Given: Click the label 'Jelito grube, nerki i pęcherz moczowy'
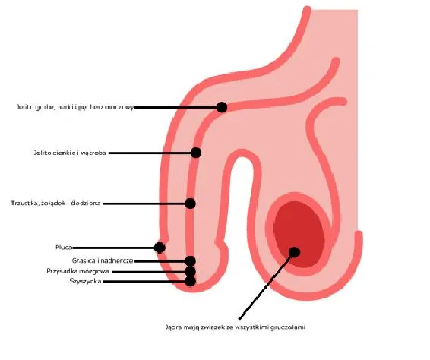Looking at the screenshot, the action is point(75,107).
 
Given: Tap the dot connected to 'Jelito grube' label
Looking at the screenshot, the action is point(222,107).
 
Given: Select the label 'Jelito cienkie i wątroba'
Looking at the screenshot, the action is point(70,153).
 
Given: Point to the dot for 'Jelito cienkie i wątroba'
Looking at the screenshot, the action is point(196,153).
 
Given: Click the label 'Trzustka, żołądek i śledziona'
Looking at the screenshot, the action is point(55,204).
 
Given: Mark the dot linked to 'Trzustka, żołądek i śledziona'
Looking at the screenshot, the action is point(191,204).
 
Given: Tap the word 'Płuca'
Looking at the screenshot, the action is point(64,248).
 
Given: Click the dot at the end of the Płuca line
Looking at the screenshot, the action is point(160,248).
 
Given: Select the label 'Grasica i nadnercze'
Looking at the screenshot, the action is point(103,261).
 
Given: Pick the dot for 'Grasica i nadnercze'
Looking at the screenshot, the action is point(191,261).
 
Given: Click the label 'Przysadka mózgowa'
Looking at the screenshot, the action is point(78,271).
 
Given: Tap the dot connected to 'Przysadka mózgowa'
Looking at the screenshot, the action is point(191,272).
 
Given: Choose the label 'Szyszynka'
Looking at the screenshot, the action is point(86,281).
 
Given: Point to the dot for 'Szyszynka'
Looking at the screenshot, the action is point(191,281).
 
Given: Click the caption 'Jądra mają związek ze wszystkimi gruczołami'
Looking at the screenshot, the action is point(236,327).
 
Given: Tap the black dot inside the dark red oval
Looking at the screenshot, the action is point(294,252).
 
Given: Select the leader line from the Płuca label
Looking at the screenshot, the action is point(114,248).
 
